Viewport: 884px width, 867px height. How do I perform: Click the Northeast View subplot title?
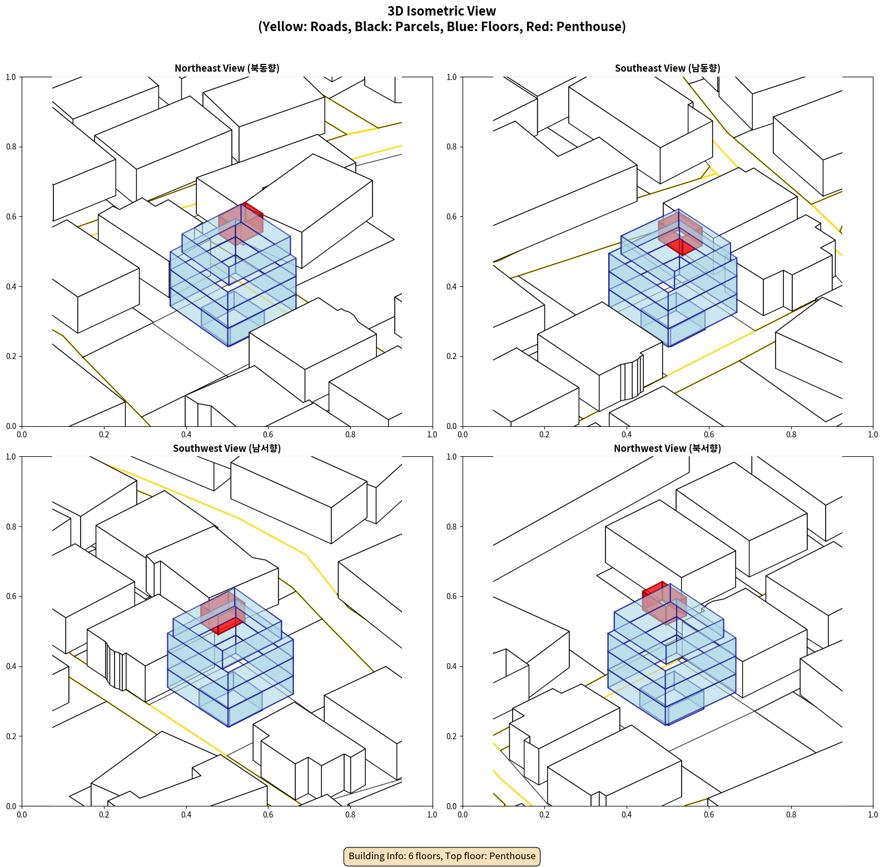227,68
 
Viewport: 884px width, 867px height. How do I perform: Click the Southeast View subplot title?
667,68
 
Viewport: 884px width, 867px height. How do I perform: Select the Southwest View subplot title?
227,449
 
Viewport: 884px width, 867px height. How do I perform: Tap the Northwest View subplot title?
667,449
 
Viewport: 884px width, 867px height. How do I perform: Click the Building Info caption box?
442,856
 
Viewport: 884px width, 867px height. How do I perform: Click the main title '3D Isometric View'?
442,11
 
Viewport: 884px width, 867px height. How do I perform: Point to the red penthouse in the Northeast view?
241,223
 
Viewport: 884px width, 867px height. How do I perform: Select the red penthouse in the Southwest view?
222,611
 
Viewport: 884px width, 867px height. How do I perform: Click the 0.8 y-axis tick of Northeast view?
11,147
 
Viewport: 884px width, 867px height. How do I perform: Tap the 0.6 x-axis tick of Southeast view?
709,435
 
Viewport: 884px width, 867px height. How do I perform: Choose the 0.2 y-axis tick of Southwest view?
11,736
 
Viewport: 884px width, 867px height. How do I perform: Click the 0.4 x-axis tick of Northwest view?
627,815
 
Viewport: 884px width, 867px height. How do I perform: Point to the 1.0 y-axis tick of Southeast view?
451,77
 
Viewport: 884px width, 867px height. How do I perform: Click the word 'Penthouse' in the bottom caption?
513,856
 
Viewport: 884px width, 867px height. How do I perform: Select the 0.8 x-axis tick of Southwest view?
350,815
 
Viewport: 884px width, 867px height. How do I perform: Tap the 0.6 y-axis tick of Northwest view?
451,596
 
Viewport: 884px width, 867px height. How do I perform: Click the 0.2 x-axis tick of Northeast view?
104,435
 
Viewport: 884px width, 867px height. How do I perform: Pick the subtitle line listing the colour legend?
442,27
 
